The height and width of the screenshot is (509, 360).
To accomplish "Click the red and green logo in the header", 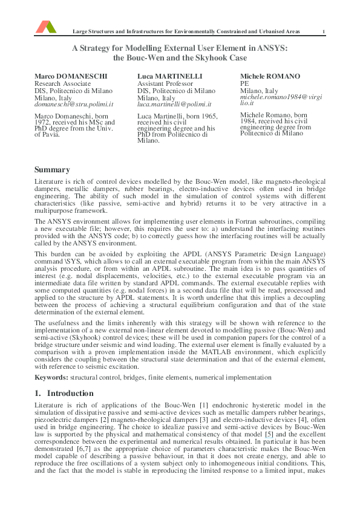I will [x=45, y=26].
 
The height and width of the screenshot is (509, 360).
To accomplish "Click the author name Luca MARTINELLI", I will [x=169, y=76].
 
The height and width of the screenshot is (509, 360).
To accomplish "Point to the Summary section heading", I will [x=51, y=170].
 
